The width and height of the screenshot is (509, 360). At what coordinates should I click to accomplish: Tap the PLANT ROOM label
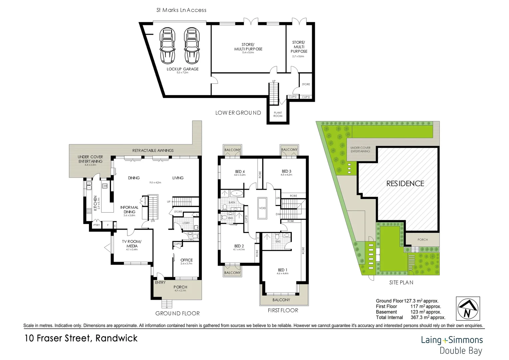click(278, 114)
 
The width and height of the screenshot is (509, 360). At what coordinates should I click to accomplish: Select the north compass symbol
click(467, 309)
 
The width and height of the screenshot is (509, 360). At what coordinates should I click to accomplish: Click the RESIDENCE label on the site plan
click(405, 183)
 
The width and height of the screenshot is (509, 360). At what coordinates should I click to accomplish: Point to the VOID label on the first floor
click(262, 208)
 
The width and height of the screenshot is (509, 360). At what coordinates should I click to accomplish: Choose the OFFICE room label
click(187, 260)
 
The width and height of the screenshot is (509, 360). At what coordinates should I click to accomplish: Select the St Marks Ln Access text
click(182, 10)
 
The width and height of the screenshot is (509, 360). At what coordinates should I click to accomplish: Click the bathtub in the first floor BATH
click(237, 193)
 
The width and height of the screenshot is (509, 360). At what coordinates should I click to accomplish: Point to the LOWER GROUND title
click(238, 113)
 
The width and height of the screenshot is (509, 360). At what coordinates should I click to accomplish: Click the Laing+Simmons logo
click(452, 340)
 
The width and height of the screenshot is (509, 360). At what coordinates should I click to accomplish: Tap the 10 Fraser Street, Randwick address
click(81, 338)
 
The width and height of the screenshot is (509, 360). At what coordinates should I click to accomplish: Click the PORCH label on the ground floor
click(180, 287)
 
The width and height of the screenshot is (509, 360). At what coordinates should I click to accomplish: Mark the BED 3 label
click(286, 171)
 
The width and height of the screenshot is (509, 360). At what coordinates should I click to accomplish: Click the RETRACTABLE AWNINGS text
click(153, 150)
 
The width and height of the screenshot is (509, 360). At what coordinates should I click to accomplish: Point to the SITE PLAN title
click(401, 282)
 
